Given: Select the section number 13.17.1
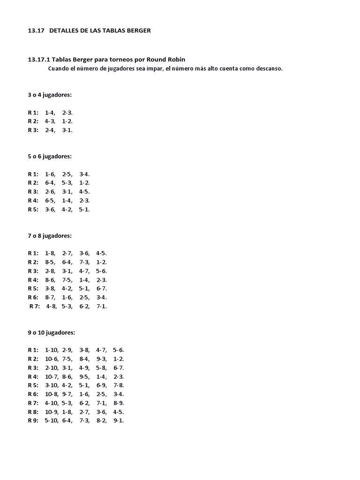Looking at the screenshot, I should [x=39, y=60].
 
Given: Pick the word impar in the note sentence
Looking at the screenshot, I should [x=153, y=68].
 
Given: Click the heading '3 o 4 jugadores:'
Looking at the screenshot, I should [x=50, y=95].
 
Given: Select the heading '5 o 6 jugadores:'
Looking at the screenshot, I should [x=50, y=156].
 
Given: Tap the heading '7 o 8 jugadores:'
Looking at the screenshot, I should [x=50, y=235].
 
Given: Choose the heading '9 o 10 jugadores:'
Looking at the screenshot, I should [x=51, y=332].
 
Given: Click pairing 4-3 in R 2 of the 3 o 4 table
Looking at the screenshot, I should [x=50, y=121].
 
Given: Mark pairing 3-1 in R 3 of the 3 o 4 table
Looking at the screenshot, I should [x=67, y=130].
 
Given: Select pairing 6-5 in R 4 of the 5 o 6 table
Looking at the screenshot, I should [x=50, y=200].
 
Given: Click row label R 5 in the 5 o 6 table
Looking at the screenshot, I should [x=33, y=209].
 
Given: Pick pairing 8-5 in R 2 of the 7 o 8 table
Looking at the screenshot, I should [x=50, y=262].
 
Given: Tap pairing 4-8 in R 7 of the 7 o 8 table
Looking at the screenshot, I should [x=52, y=306].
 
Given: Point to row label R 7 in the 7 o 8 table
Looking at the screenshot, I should [x=35, y=306].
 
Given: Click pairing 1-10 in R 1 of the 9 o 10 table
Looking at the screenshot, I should [x=51, y=350].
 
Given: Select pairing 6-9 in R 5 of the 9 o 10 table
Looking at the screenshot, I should [x=101, y=385].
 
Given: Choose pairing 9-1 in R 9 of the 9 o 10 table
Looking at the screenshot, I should [x=119, y=420].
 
